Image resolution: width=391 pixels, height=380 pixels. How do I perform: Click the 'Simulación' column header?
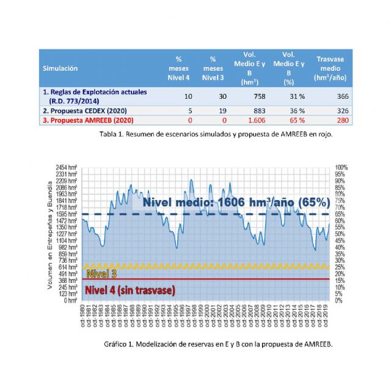60,68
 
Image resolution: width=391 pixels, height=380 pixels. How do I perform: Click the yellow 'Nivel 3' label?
101,273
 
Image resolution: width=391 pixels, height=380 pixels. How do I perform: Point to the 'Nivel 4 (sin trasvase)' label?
130,290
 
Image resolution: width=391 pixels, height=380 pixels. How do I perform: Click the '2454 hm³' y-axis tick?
67,167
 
